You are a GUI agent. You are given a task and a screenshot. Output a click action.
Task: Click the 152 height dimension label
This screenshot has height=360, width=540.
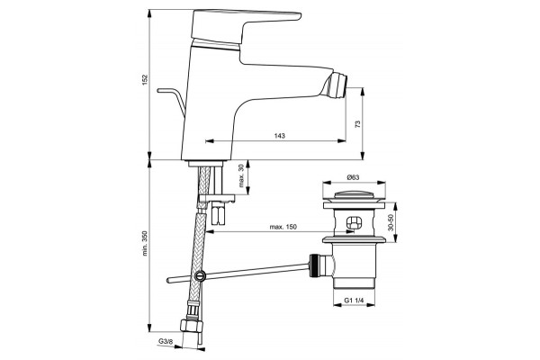pos(145,80)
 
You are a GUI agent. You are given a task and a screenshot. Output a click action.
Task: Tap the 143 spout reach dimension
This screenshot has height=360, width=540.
pos(280,136)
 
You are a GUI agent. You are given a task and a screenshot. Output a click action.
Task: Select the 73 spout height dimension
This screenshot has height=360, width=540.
pos(357,124)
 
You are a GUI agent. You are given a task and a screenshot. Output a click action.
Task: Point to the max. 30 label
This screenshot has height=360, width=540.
pos(241,175)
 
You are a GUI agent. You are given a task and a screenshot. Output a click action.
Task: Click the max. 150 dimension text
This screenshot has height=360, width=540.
pos(283,227)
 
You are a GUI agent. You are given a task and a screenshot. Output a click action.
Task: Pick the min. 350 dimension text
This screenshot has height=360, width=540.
pos(145,243)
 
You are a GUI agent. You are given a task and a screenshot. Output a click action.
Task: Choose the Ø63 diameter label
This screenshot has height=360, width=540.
pos(354,177)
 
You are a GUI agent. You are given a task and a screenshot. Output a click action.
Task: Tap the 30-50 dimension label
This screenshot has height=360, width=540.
pos(391,223)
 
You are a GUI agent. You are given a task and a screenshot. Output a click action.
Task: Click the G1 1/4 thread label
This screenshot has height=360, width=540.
pos(354,301)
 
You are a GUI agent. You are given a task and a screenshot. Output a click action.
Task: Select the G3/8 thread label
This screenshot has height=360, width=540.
pos(165,341)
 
